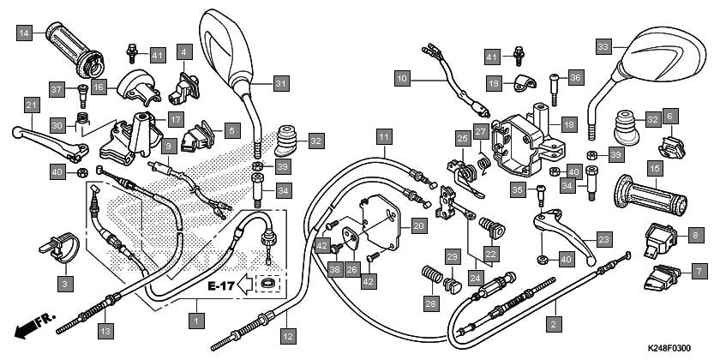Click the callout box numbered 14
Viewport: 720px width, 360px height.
click(24, 33)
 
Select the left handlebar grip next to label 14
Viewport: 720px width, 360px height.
click(75, 50)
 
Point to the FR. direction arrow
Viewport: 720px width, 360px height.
click(34, 325)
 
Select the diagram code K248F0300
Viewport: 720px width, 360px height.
click(669, 349)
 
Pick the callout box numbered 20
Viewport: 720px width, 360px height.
click(419, 226)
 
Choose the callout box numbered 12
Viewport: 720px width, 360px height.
click(288, 337)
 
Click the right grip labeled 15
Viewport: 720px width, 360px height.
click(651, 195)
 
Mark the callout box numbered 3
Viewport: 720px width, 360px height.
click(65, 285)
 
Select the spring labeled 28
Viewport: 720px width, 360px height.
click(432, 275)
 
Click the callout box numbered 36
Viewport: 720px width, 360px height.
click(576, 77)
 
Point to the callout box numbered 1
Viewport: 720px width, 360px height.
click(197, 320)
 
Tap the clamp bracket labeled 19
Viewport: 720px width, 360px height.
click(525, 82)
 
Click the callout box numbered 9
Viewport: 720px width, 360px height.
click(169, 147)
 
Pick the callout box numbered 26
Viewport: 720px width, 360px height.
click(352, 269)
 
